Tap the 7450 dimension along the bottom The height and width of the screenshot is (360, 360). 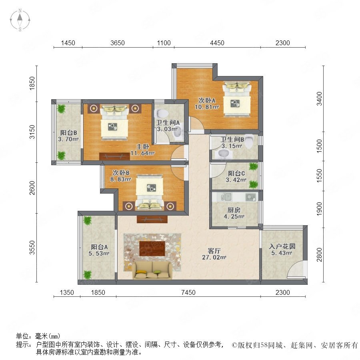tap(188, 292)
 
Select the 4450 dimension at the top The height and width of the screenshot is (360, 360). tap(217, 43)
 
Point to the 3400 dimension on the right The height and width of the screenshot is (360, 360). tap(319, 98)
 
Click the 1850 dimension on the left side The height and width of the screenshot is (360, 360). tap(32, 83)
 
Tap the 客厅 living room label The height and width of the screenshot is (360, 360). tap(214, 251)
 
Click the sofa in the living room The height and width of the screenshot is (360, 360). tap(152, 270)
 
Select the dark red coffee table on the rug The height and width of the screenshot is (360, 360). tap(152, 248)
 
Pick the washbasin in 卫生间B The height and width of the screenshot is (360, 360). tap(223, 153)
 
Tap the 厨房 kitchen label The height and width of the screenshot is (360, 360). tap(234, 210)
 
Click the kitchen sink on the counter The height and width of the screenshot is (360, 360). tap(226, 197)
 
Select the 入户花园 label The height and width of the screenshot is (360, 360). tap(282, 246)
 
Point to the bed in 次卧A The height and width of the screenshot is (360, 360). tap(237, 100)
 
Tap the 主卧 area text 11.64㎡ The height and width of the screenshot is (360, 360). tap(142, 153)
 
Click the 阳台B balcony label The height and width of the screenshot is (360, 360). tap(68, 132)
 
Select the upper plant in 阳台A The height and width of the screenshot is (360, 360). tap(88, 220)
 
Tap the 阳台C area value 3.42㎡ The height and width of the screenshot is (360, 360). tap(236, 180)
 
